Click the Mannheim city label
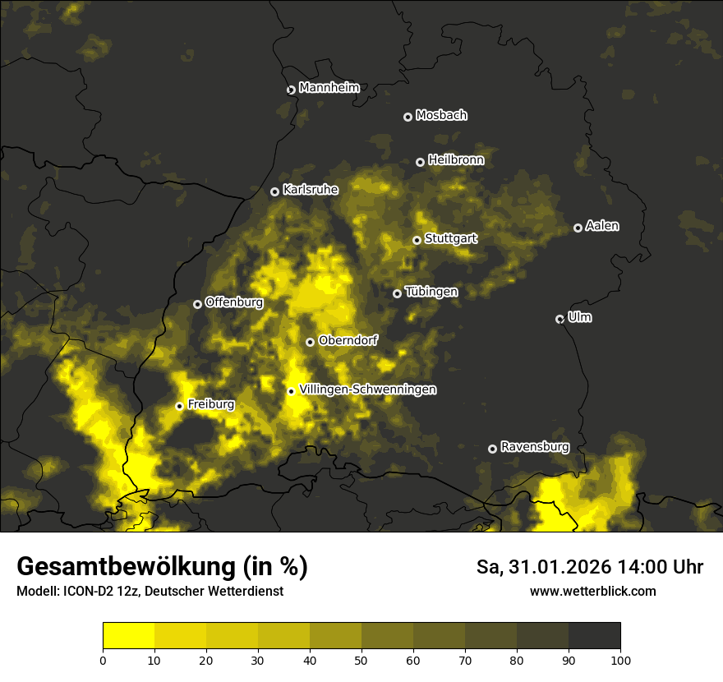[x=329, y=88]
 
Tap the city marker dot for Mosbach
[x=408, y=117]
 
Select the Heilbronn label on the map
[x=456, y=160]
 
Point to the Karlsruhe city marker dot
[x=275, y=191]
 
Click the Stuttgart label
[x=451, y=238]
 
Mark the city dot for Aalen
[x=578, y=228]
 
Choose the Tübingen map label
[x=431, y=292]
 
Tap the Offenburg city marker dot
[x=197, y=304]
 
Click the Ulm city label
[x=579, y=317]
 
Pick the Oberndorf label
[x=348, y=340]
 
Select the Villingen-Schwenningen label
[x=368, y=389]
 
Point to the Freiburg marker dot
[x=179, y=406]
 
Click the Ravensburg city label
[x=535, y=447]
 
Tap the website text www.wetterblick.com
[x=593, y=591]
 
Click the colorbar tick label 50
[x=361, y=660]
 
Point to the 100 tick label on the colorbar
[x=620, y=660]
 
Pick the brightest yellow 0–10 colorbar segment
[x=128, y=636]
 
